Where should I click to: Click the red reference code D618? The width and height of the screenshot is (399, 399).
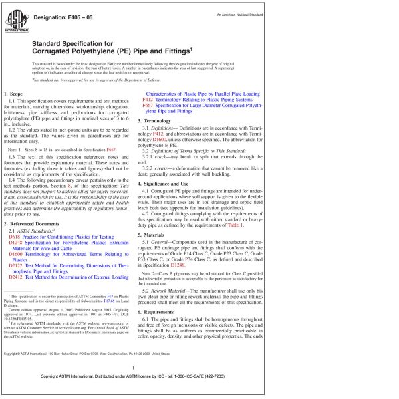(x=15, y=237)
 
